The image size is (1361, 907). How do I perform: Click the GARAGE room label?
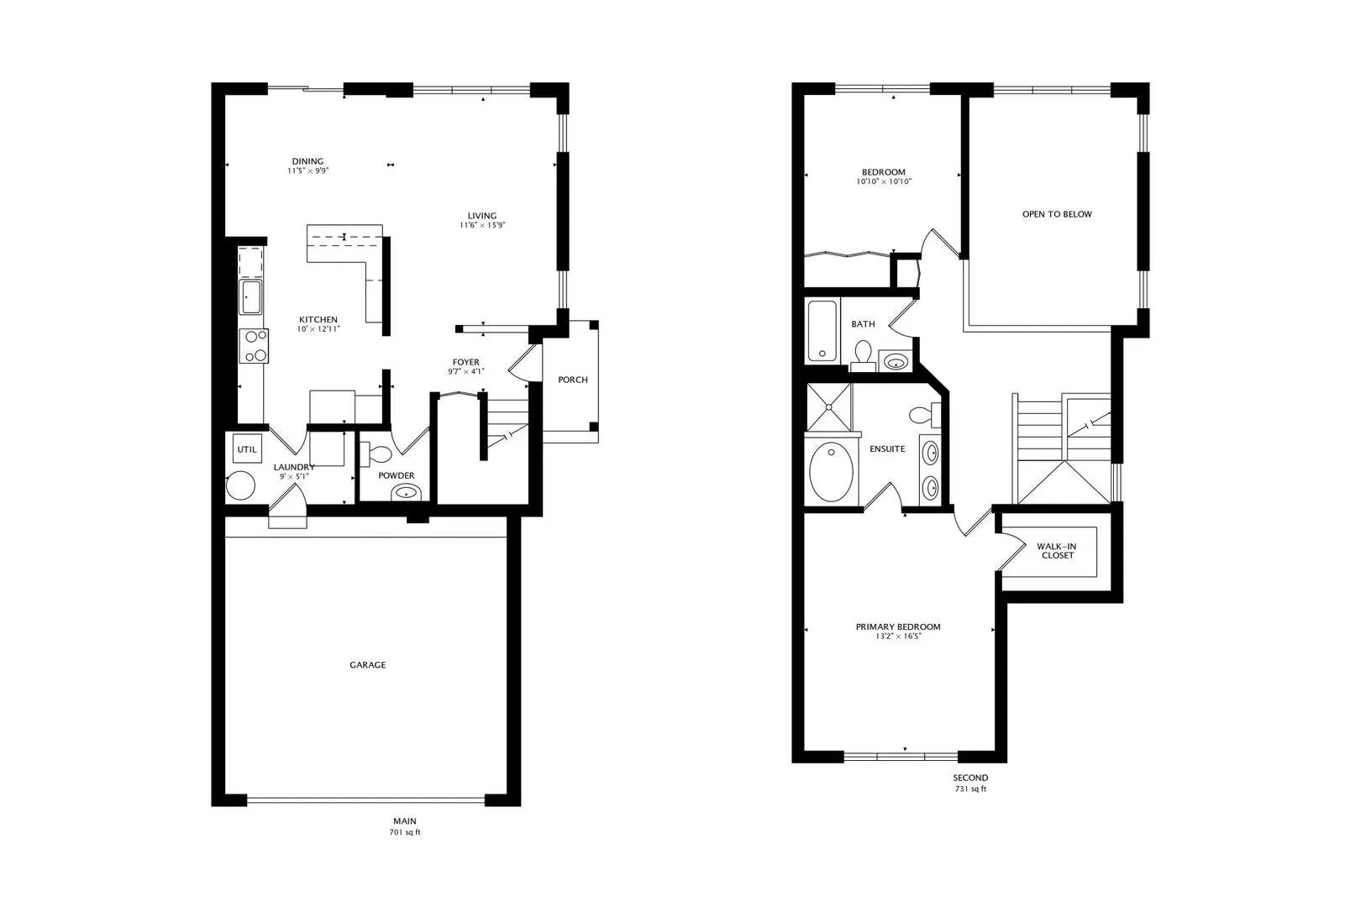point(368,664)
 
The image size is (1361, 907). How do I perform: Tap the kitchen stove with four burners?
point(254,346)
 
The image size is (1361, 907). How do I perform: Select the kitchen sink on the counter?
point(250,297)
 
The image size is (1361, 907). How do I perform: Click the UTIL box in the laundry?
point(247,449)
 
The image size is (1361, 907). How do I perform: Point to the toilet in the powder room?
point(376,453)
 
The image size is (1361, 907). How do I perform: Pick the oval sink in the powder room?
point(405,492)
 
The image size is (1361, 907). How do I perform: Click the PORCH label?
point(573,380)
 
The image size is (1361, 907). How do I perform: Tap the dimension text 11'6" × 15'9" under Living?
point(482,225)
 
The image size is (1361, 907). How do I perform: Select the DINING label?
point(307,161)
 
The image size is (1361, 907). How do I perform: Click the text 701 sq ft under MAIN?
point(405,832)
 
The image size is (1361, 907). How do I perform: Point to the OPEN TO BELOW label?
point(1057,214)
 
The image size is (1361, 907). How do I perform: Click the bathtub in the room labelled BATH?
point(822,331)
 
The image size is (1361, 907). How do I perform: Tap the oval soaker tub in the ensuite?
point(831,472)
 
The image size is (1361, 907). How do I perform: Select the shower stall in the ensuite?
point(828,406)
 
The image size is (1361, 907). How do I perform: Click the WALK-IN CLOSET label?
point(1057,551)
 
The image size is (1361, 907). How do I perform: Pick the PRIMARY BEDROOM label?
point(898,627)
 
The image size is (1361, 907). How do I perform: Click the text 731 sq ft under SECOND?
point(970,789)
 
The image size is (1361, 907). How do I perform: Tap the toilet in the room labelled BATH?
point(863,355)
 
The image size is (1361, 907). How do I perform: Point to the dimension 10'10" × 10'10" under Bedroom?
point(884,181)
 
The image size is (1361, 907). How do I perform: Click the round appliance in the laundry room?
point(240,485)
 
